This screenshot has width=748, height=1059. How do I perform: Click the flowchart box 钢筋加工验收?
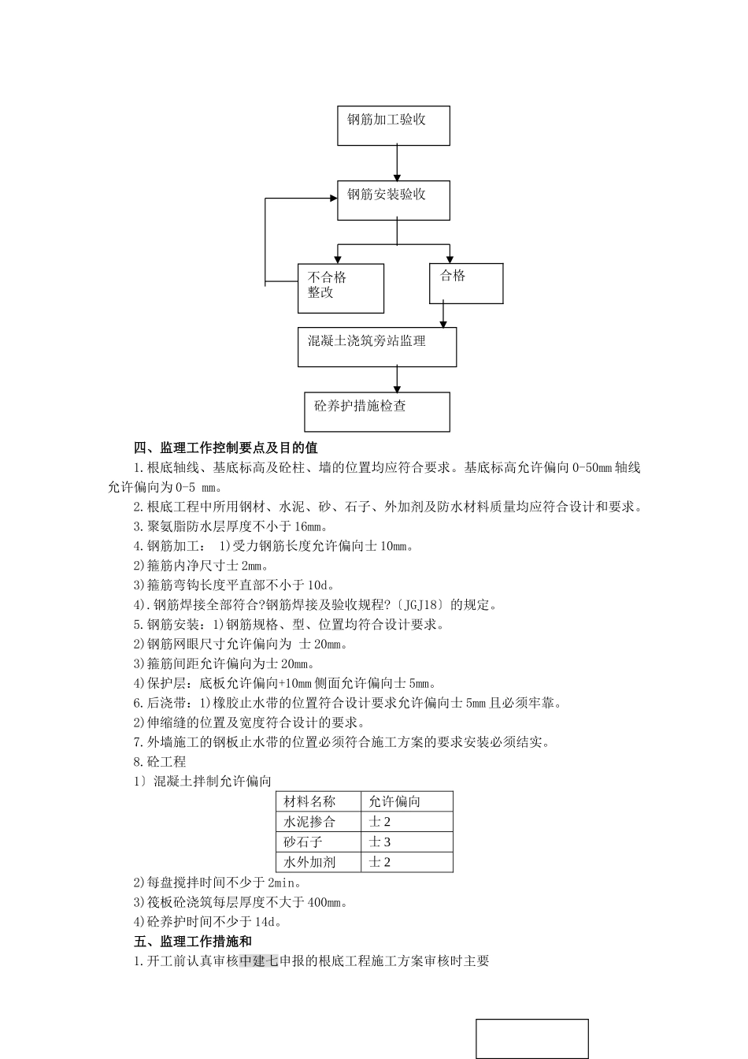pos(393,125)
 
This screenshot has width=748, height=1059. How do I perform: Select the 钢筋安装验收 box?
pos(393,200)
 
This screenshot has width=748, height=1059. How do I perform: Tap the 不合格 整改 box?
pos(340,288)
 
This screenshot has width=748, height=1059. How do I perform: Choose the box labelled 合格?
pos(465,283)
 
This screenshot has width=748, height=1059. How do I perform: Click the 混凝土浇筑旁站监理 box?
pos(376,347)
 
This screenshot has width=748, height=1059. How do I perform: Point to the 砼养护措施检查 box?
pos(376,411)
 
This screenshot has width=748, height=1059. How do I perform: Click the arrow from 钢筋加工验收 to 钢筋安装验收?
pos(397,163)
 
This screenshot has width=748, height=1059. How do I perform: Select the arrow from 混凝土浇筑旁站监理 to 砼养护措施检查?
pos(397,379)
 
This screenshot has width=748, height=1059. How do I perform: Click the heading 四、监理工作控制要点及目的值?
pos(226,448)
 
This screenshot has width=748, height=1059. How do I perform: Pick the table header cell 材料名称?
pos(309,801)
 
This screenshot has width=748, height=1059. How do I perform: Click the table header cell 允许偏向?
pos(395,801)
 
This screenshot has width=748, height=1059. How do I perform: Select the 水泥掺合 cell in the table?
pos(309,822)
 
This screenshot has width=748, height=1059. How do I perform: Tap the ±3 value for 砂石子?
pos(380,842)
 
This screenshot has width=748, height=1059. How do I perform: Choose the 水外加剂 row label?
pos(309,862)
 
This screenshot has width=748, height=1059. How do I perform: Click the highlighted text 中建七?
pos(259,961)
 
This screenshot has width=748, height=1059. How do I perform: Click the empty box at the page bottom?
pos(531,1038)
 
